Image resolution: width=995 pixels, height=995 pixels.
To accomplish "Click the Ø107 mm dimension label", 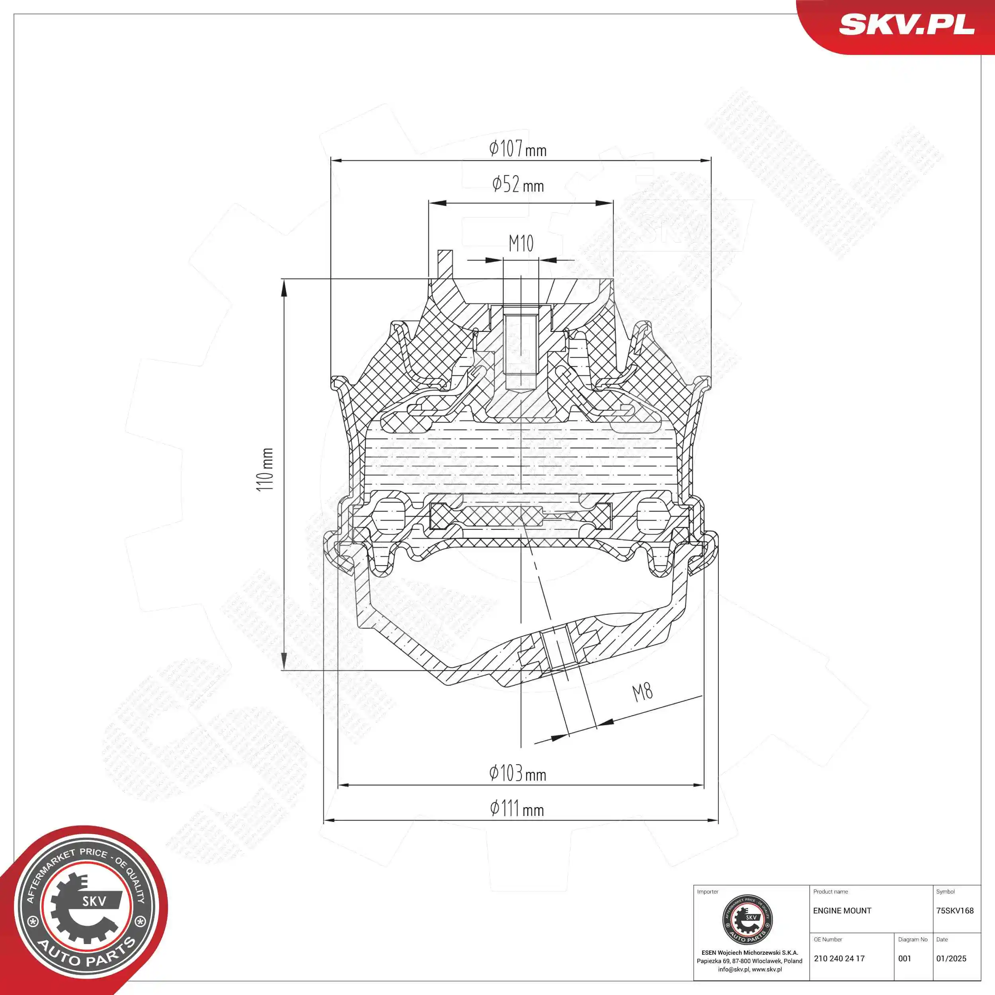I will (x=517, y=149).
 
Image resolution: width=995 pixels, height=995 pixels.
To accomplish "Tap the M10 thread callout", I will (x=521, y=244).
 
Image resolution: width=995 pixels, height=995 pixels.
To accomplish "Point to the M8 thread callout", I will (x=642, y=692).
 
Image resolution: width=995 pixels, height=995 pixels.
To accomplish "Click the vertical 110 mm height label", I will (x=265, y=469).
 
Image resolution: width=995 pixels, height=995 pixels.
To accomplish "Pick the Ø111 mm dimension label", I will (x=517, y=809).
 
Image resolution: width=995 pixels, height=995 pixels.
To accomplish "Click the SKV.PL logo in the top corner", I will (x=906, y=24).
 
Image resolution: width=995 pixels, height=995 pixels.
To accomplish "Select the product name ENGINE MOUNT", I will (x=842, y=911).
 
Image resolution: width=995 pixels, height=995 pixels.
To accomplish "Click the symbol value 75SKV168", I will (x=955, y=911).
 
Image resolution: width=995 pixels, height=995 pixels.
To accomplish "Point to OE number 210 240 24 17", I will (x=839, y=959).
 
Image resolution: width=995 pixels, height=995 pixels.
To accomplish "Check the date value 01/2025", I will (x=951, y=959).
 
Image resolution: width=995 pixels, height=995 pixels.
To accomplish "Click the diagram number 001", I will (x=904, y=959).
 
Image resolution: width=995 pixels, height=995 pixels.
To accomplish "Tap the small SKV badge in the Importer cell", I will (x=747, y=920).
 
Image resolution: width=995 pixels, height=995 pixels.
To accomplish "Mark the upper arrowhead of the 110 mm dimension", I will (x=284, y=289).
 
